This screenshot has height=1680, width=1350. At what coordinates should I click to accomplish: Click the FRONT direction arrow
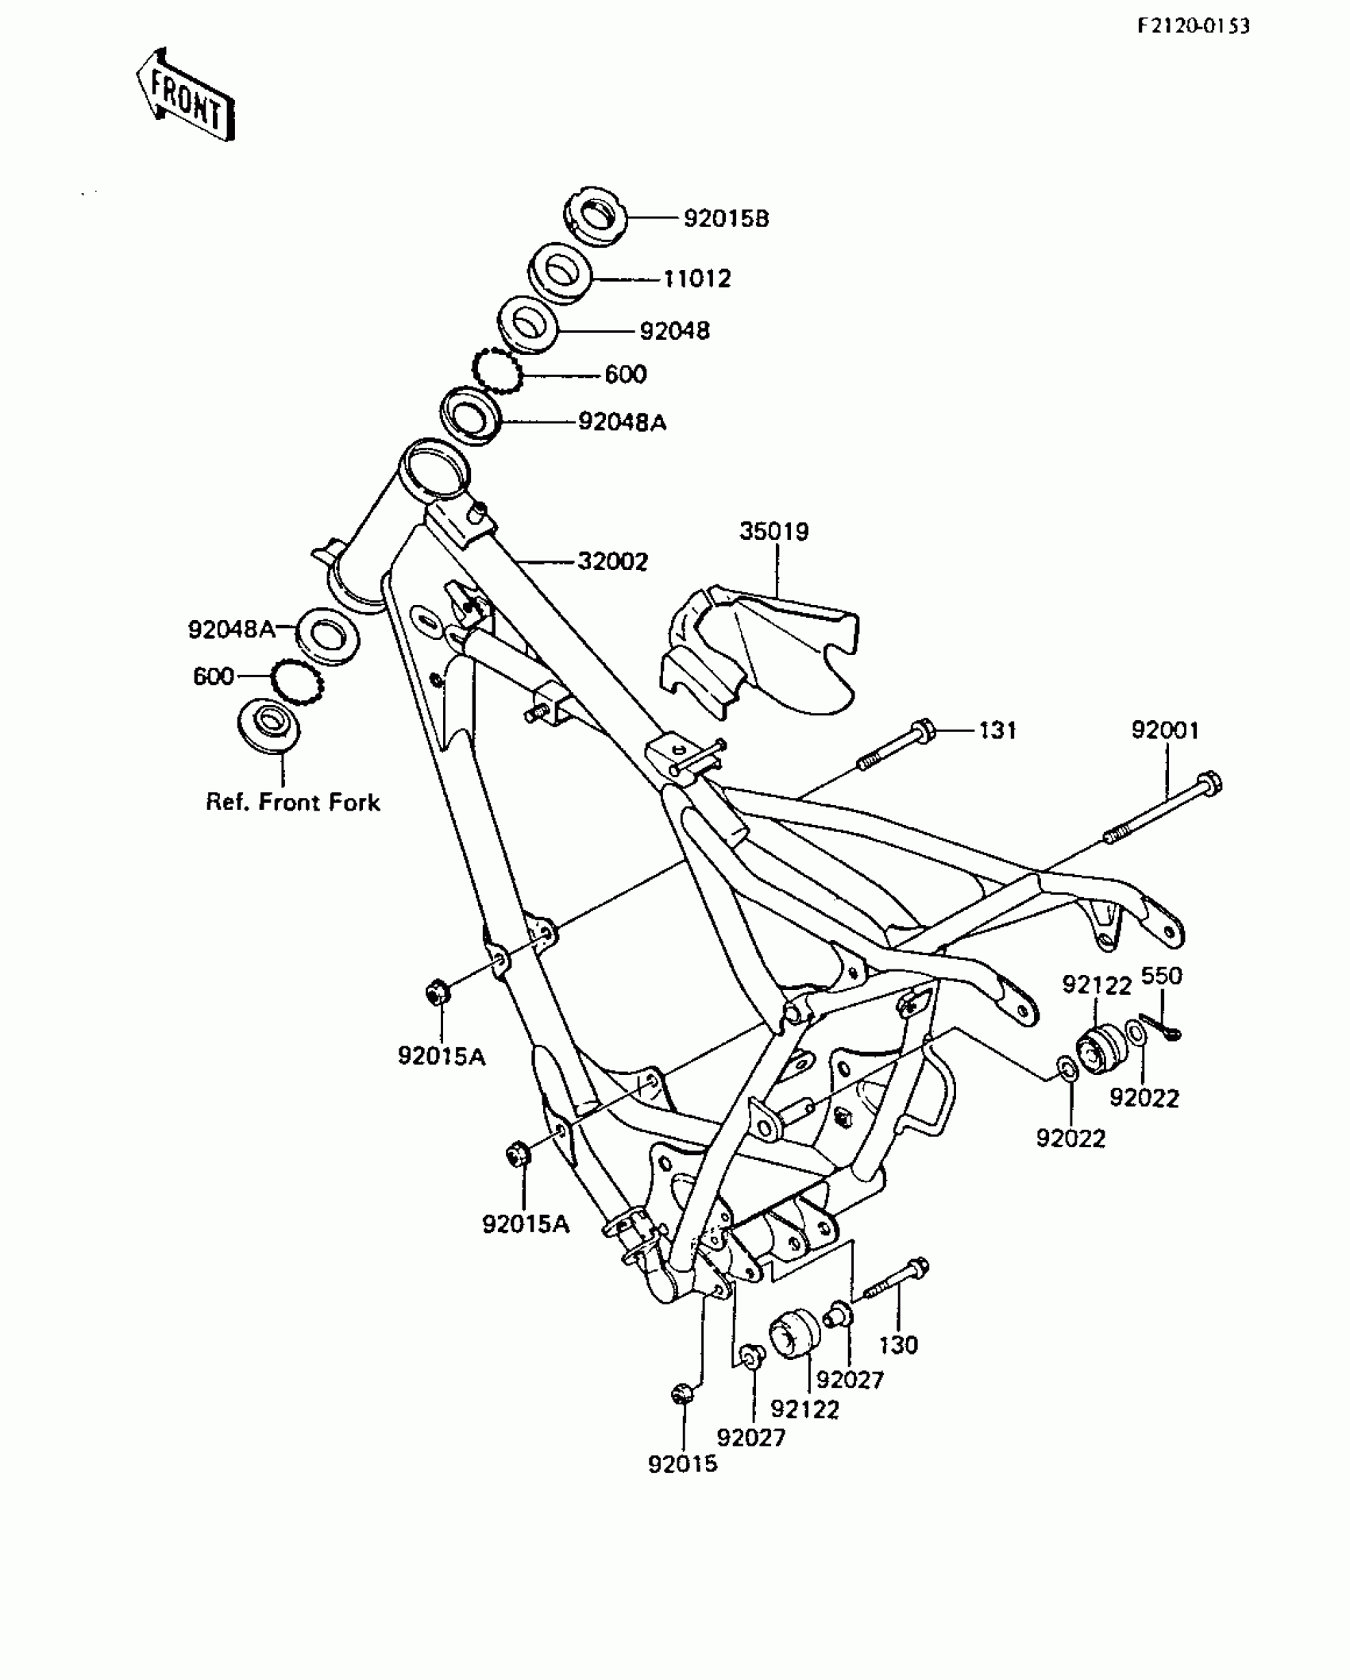coord(185,95)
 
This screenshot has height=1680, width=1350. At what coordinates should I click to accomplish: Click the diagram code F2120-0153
coord(1193,26)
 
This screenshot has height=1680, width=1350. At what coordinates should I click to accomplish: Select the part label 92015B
coord(726,218)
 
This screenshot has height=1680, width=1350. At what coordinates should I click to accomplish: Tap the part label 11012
coord(696,279)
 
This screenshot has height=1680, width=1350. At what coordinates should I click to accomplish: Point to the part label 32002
coord(612,561)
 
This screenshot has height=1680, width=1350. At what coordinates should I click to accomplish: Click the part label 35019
coord(773,531)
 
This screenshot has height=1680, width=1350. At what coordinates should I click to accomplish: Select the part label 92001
coord(1165,730)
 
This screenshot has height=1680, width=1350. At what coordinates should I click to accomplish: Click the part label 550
coord(1161,976)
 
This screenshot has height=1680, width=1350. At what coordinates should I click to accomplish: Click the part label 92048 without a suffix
coord(674,330)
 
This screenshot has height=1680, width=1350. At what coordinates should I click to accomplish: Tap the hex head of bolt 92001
coord(1209,782)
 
